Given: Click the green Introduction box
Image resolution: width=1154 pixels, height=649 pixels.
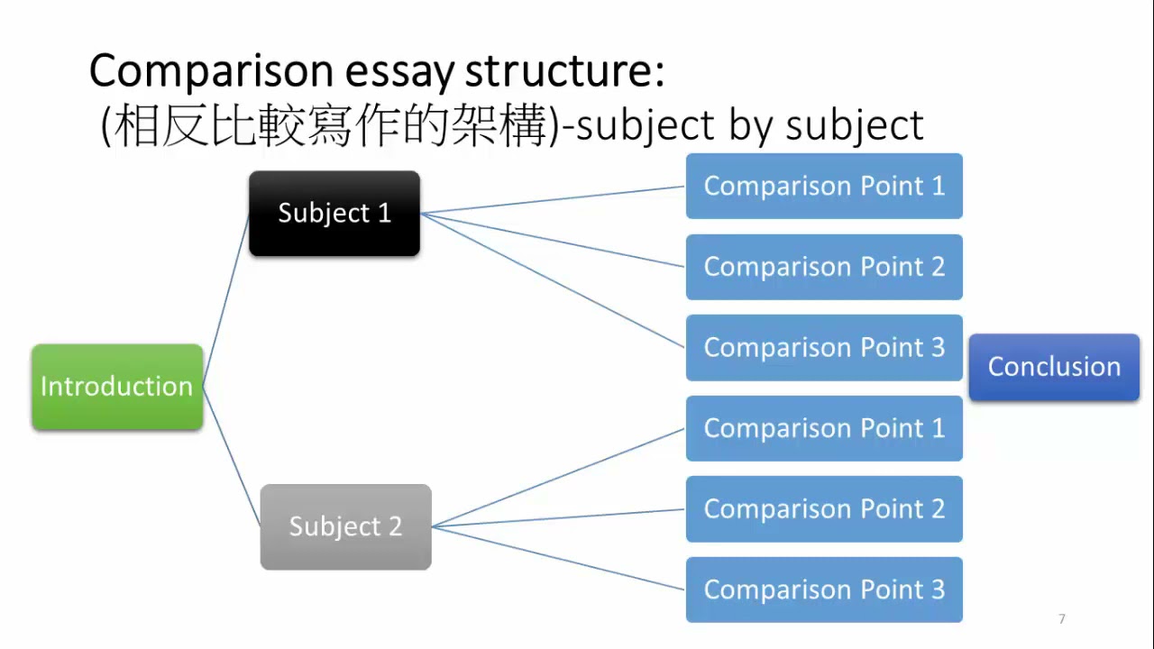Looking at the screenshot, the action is click(117, 387).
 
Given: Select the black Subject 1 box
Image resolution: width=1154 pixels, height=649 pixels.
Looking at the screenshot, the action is click(334, 214).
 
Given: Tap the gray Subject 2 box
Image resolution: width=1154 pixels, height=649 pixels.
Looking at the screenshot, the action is click(345, 527).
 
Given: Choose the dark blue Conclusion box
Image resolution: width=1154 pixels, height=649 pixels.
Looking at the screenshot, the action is click(1054, 367).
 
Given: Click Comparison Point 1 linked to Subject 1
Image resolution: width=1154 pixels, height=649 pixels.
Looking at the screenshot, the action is click(824, 186).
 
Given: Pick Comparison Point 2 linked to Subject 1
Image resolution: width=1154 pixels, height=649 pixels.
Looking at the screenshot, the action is click(824, 267).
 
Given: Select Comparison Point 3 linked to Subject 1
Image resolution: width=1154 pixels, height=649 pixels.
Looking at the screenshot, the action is click(824, 348).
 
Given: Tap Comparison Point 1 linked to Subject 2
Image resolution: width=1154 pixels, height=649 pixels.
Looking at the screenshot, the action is click(824, 428).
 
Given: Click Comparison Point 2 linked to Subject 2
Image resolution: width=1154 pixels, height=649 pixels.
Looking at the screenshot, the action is click(824, 509).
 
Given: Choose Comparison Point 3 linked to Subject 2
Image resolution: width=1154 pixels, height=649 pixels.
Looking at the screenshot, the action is click(824, 590).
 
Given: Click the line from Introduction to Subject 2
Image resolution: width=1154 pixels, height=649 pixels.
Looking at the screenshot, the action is click(232, 456).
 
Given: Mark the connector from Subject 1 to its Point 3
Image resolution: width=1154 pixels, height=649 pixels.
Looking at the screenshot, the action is click(553, 280).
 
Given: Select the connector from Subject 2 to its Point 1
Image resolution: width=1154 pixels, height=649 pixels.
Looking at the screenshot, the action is click(559, 478).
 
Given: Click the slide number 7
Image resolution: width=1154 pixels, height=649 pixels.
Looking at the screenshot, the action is click(1062, 618).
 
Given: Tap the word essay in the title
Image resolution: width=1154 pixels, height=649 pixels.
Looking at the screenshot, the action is click(399, 72).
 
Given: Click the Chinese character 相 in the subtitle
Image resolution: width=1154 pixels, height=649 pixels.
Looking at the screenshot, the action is click(135, 125).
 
